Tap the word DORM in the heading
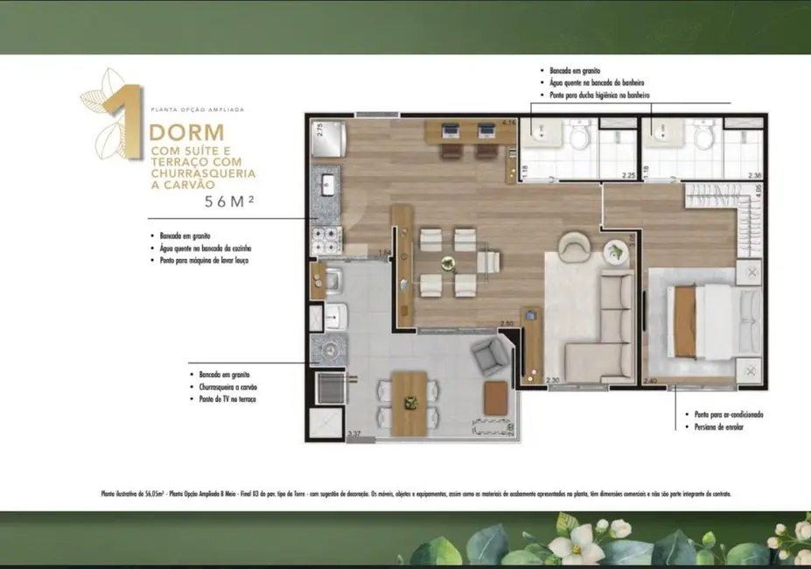[186, 133]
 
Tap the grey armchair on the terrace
[491, 355]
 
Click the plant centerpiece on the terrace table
[409, 403]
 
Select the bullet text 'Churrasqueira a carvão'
[227, 386]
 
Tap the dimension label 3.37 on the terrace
[353, 433]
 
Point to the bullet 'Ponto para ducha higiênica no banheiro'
[598, 95]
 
